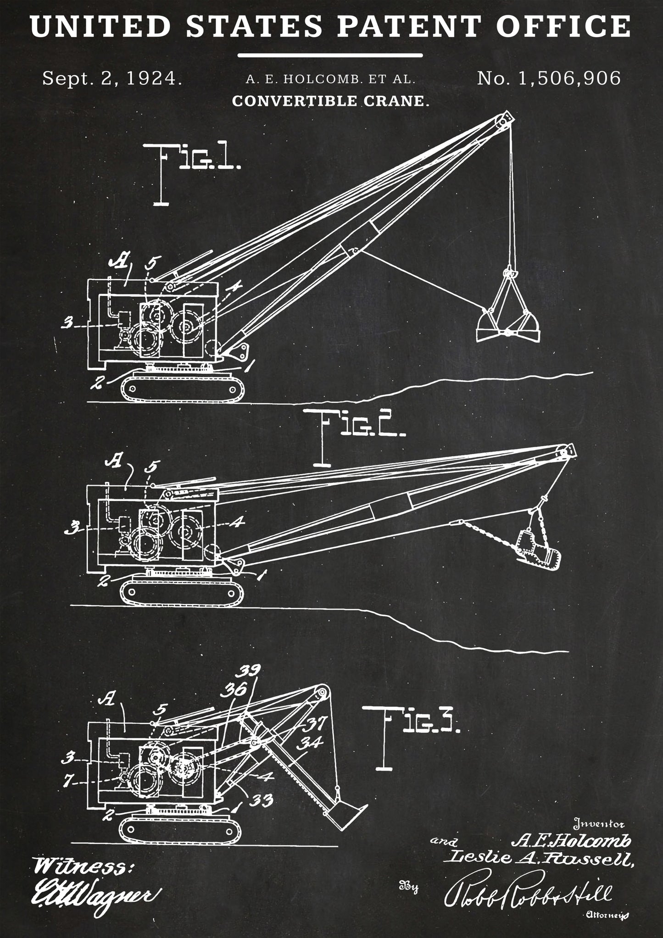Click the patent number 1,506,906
tap(549, 78)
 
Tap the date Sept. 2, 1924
tap(112, 78)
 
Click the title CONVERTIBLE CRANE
tap(330, 101)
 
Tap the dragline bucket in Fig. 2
tap(539, 550)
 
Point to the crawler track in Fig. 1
tap(182, 388)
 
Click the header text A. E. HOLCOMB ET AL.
tap(330, 79)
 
